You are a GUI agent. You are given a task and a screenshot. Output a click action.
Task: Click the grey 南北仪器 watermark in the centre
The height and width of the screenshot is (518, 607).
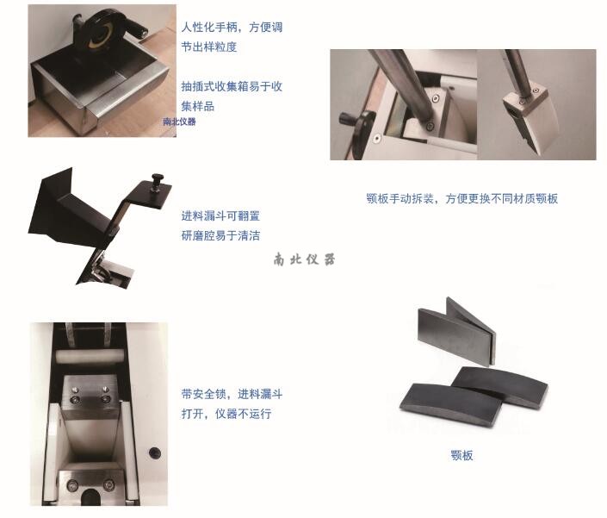[x=304, y=259]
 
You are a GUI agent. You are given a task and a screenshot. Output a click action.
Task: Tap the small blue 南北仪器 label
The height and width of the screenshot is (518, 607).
[x=179, y=122]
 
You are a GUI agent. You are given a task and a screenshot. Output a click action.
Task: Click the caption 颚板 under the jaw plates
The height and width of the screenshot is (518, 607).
[x=461, y=455]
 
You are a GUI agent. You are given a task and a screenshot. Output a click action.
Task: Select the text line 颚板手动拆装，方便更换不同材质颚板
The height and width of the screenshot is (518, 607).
[x=461, y=199]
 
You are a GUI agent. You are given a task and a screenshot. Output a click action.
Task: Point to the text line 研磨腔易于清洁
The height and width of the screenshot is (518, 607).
[x=220, y=235]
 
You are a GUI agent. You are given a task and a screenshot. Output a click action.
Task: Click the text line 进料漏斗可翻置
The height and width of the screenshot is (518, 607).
[x=220, y=215]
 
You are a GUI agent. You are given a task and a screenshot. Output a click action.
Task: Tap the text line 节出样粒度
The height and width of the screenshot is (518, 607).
[x=209, y=47]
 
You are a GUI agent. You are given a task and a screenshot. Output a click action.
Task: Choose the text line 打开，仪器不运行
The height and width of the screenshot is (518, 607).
[x=226, y=414]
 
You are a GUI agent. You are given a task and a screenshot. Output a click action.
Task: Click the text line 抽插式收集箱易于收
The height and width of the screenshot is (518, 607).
[x=232, y=86]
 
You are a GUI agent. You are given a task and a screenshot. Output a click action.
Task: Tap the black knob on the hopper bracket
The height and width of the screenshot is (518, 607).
[x=157, y=181]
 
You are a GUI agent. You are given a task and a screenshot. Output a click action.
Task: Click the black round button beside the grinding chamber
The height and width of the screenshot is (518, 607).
[x=155, y=452]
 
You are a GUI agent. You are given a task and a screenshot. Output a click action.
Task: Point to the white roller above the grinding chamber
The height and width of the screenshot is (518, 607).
[x=90, y=356]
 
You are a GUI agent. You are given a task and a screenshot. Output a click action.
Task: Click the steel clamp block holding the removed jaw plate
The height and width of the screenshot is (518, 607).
[x=524, y=102]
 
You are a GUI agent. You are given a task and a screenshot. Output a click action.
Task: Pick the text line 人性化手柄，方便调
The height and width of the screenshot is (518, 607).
[x=232, y=27]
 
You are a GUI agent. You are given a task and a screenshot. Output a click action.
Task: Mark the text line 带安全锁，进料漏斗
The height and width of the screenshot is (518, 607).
[x=232, y=394]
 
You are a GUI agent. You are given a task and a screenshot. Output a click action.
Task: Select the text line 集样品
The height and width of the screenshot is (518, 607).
[x=198, y=106]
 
